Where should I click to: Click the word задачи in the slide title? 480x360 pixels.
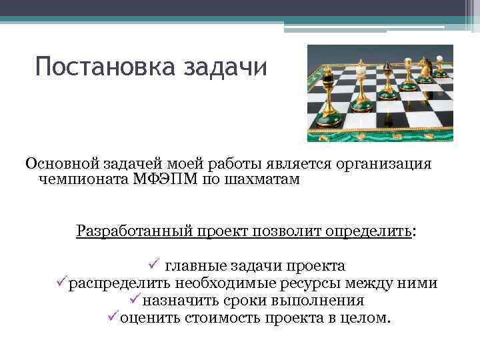(x=225, y=67)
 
